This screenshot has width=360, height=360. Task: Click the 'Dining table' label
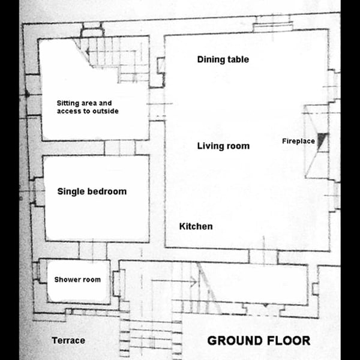point(223,59)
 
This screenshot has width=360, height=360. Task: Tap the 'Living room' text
point(223,146)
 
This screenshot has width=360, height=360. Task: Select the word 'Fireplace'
point(298,141)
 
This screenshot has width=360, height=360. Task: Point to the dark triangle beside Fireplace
point(322,139)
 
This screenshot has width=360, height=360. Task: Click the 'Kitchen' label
point(196,226)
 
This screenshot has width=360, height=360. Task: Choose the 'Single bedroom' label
point(92,191)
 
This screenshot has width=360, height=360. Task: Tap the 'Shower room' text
point(77,280)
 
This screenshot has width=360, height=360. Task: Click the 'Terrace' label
point(68,340)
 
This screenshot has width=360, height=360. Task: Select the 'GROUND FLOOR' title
point(259,340)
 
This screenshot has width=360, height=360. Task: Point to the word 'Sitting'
point(65,103)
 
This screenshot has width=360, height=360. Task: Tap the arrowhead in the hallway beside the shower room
point(194,281)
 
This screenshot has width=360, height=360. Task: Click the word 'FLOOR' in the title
point(287,340)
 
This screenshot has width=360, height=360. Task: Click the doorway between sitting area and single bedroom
point(119,148)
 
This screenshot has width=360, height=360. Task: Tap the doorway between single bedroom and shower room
point(93,250)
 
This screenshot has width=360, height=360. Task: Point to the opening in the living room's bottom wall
point(263,256)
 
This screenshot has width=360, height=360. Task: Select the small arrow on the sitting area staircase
point(88,52)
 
